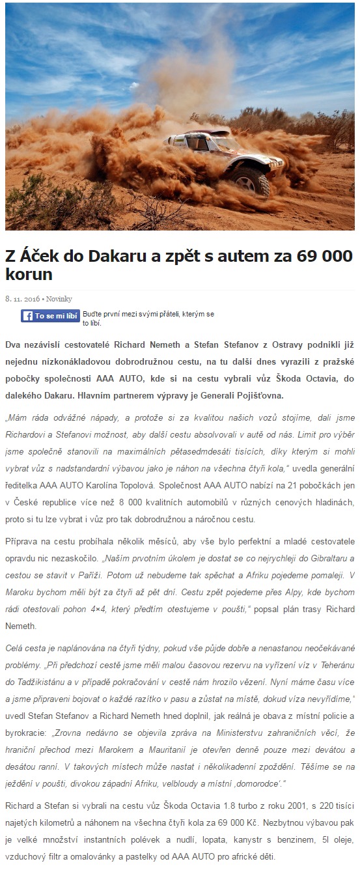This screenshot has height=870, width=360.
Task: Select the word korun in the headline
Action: [29, 274]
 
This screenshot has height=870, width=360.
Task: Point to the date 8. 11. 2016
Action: [22, 299]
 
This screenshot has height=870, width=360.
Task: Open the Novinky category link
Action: [59, 299]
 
